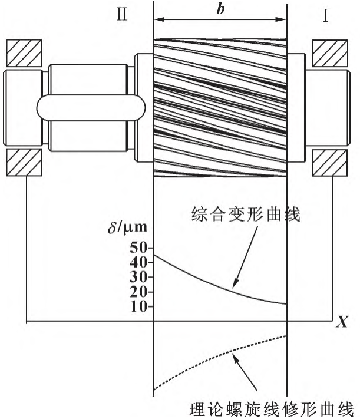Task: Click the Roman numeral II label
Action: (x=122, y=14)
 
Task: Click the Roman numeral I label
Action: (x=325, y=16)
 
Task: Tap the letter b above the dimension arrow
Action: (x=220, y=9)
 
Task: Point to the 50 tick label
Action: (x=138, y=248)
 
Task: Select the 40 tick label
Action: (x=138, y=263)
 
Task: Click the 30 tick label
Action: (x=138, y=277)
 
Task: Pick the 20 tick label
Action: (x=138, y=292)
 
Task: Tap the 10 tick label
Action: (x=138, y=306)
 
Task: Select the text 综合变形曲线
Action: (x=246, y=214)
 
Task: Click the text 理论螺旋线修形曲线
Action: (x=272, y=409)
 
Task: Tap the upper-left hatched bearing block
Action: (x=24, y=53)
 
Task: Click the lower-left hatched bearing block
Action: (x=24, y=163)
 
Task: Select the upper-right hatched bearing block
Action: (x=331, y=53)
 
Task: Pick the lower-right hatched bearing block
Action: (x=331, y=163)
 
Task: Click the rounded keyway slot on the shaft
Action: (x=91, y=108)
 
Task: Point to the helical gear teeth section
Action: (x=220, y=108)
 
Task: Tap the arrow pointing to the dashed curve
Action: (x=245, y=372)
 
